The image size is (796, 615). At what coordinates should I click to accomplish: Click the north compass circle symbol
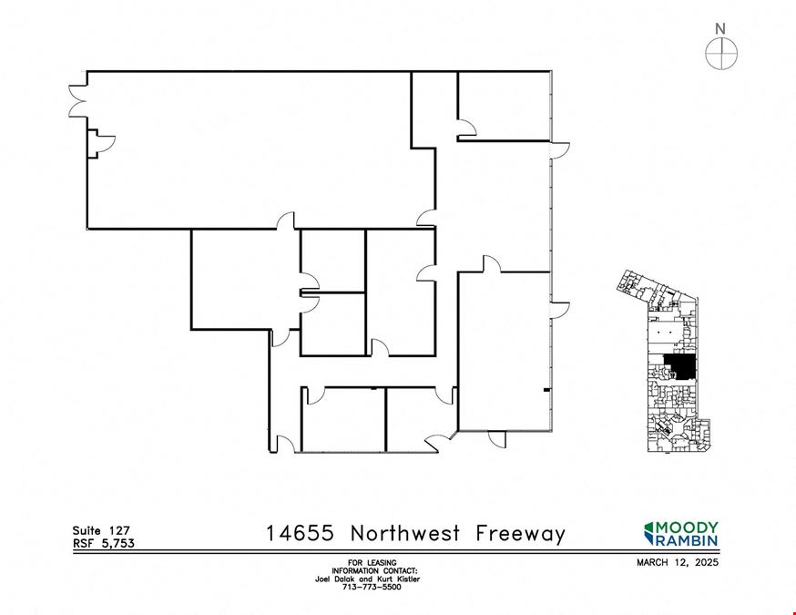click(x=721, y=53)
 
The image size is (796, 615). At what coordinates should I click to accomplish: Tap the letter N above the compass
click(x=720, y=29)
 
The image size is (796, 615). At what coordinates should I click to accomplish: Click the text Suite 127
click(x=101, y=530)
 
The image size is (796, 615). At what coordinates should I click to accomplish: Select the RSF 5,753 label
click(x=104, y=543)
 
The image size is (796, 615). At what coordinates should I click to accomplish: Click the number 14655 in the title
click(x=301, y=533)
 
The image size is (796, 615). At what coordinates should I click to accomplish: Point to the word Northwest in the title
click(x=405, y=533)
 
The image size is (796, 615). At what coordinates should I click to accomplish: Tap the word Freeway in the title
click(x=520, y=534)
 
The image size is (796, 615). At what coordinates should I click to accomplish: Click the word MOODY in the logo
click(x=688, y=528)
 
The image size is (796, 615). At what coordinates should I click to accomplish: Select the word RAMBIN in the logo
click(x=688, y=540)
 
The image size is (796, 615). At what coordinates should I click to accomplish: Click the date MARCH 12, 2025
click(x=678, y=562)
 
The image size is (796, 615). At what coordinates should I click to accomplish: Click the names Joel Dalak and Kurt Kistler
click(x=368, y=579)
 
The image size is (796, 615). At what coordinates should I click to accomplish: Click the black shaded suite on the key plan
click(x=680, y=365)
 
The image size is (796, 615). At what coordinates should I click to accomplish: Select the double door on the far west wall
click(x=78, y=101)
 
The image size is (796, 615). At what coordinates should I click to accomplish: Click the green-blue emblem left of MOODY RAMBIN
click(x=649, y=534)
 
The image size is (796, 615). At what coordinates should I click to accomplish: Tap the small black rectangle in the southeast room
click(x=546, y=390)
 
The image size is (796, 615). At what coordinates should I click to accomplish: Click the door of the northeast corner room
click(x=466, y=128)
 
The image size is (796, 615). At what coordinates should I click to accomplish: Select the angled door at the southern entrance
click(x=440, y=441)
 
